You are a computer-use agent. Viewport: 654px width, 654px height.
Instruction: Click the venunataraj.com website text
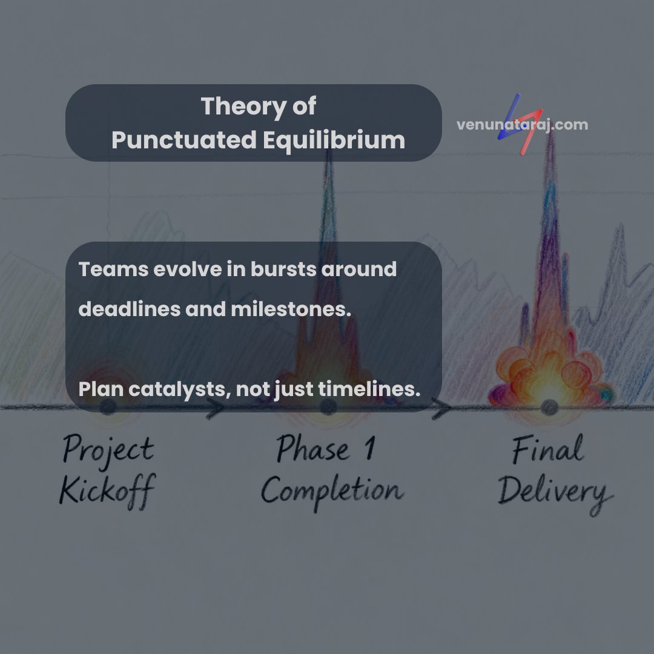(x=521, y=125)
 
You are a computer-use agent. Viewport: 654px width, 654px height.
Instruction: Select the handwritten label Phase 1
(x=326, y=451)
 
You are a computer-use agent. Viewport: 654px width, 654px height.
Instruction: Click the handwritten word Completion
(x=331, y=490)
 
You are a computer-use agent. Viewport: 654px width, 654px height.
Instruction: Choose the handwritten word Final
(x=547, y=451)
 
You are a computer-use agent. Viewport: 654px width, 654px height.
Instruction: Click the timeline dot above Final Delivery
(x=549, y=406)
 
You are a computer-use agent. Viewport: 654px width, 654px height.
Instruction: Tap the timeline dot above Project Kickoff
(x=108, y=407)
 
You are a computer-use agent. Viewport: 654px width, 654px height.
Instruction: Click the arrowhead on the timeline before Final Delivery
(x=444, y=409)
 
